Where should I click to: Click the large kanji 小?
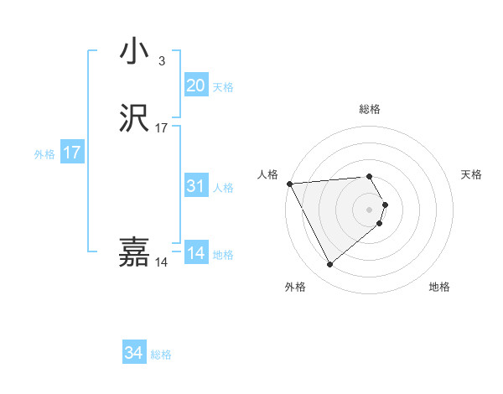(x=134, y=52)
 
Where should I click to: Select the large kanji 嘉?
(x=134, y=252)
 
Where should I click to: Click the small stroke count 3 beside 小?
(x=161, y=60)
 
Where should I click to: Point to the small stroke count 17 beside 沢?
(x=162, y=128)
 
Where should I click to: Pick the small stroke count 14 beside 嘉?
(x=161, y=262)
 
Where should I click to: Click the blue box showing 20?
(x=195, y=86)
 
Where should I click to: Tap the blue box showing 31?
(x=195, y=187)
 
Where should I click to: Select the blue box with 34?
(x=133, y=354)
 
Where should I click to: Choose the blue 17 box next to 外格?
(x=71, y=153)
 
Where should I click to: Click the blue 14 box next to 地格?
(x=195, y=254)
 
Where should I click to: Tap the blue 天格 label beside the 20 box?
(x=223, y=87)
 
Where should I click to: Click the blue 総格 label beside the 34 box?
(x=161, y=355)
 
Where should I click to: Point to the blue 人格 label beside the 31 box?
(x=223, y=188)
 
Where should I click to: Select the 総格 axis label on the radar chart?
(x=370, y=110)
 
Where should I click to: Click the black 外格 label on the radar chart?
(x=294, y=288)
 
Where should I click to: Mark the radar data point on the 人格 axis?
(x=289, y=183)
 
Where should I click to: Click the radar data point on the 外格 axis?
(x=329, y=265)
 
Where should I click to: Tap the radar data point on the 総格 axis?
(x=370, y=177)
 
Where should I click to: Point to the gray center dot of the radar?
(x=370, y=209)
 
